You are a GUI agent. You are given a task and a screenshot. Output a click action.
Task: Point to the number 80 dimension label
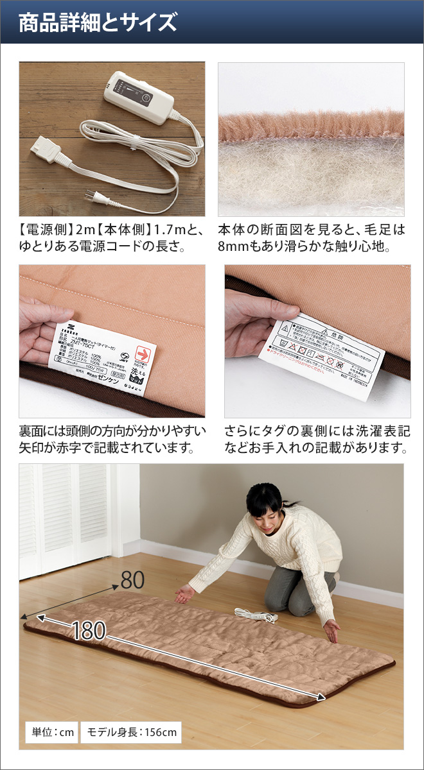132,580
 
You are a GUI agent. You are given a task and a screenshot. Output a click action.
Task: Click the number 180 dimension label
89,631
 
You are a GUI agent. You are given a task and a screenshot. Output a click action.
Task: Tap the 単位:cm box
51,732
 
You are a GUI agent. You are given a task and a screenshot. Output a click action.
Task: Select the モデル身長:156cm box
130,732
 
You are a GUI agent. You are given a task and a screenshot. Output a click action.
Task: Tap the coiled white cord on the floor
256,614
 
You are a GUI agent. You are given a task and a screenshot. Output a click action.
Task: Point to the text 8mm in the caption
239,246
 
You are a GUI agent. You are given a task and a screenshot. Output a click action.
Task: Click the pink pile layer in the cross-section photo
311,124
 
